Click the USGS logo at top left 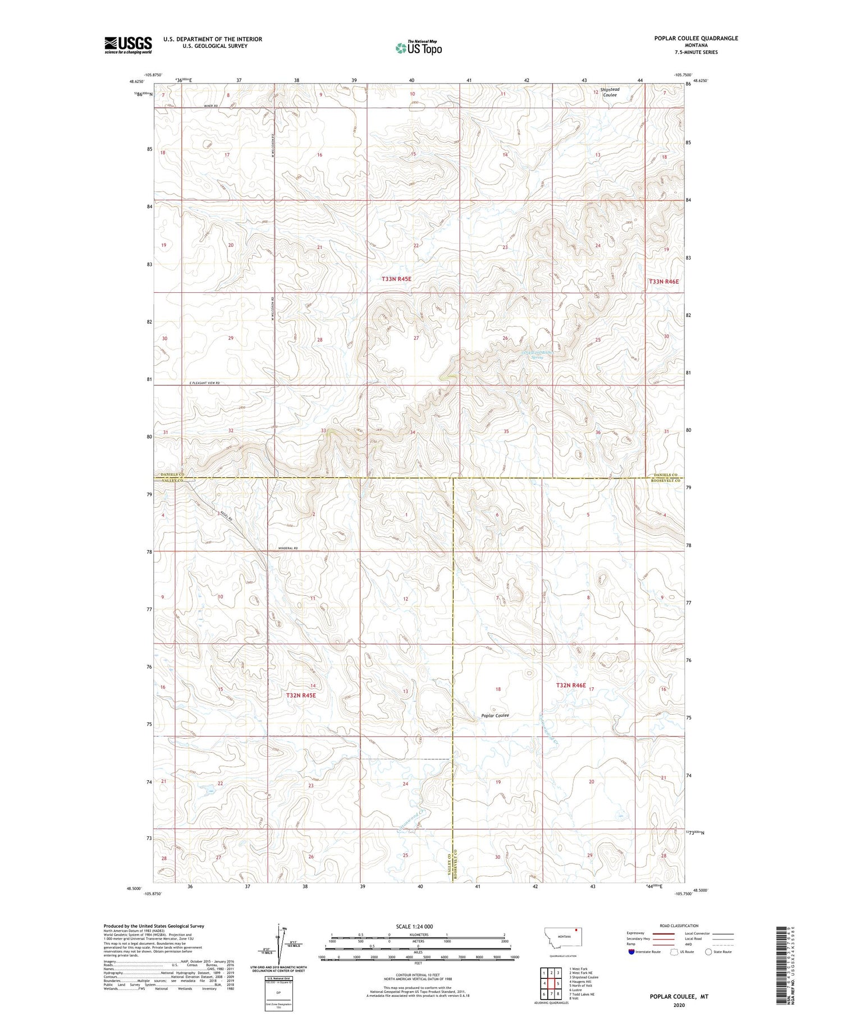pos(128,45)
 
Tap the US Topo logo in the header pos(418,48)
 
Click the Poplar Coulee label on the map pos(495,715)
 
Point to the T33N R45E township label pos(396,279)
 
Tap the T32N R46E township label pos(571,685)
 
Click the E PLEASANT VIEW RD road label pos(204,383)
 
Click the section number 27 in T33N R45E pos(416,338)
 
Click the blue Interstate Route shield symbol pos(631,951)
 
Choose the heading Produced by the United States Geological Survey pos(154,926)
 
